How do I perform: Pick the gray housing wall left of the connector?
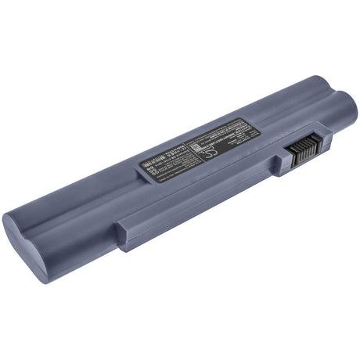(279, 160)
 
